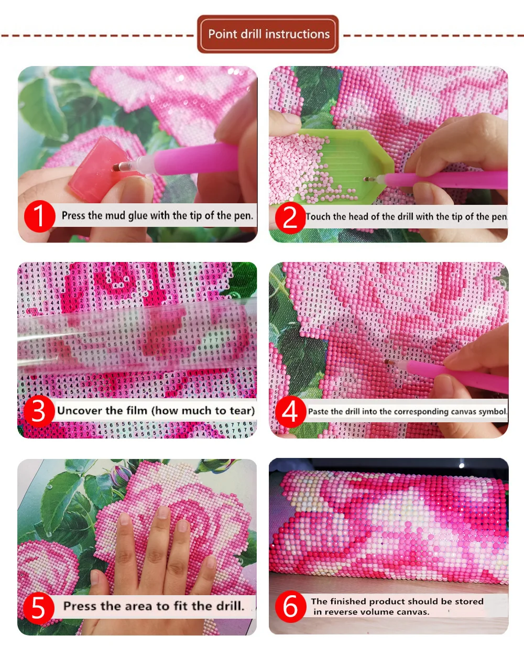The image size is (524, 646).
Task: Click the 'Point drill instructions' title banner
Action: (x=268, y=34)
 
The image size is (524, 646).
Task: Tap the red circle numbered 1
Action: (x=39, y=216)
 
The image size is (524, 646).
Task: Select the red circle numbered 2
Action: (x=290, y=217)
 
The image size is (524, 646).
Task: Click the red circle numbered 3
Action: (x=39, y=411)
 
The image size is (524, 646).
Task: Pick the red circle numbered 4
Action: (x=290, y=411)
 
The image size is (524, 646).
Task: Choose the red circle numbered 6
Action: (x=290, y=606)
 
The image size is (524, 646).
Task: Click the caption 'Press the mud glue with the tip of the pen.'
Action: (x=157, y=215)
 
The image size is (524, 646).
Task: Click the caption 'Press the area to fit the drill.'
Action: (x=154, y=606)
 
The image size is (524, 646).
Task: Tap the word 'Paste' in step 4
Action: (x=318, y=412)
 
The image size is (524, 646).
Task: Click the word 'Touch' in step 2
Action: (x=318, y=216)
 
